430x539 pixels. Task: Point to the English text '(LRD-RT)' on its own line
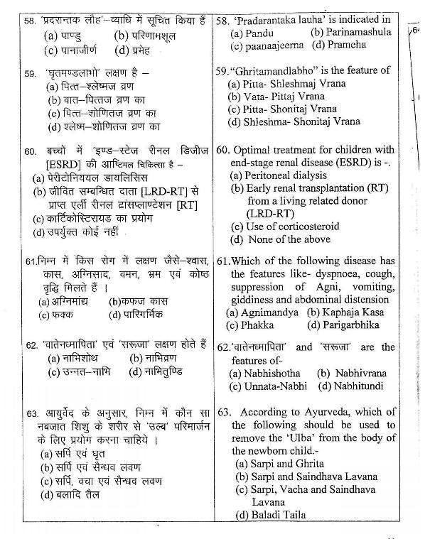coord(272,213)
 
